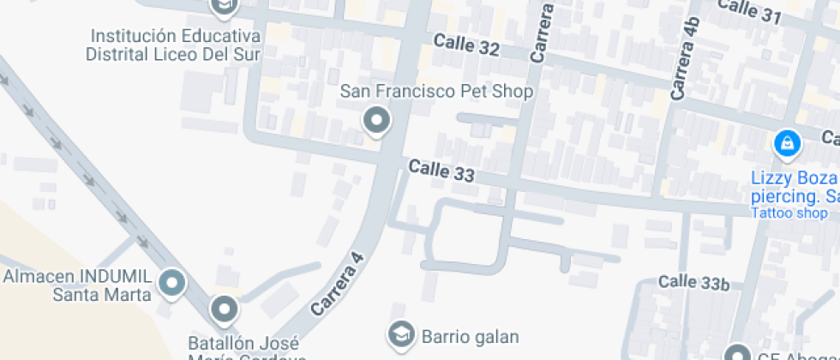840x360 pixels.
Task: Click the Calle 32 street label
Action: click(466, 45)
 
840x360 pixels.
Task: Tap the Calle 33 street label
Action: click(441, 171)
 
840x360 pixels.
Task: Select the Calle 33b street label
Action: click(694, 282)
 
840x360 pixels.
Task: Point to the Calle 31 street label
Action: click(749, 11)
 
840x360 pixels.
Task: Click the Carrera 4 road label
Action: click(339, 283)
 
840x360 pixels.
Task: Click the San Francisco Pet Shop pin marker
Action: click(375, 121)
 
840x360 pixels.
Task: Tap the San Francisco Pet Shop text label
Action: click(436, 91)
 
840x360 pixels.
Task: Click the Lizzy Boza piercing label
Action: click(794, 187)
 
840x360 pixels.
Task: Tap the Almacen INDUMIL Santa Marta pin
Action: click(173, 283)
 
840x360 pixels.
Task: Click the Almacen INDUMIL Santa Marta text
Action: click(78, 285)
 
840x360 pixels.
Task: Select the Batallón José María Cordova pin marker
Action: click(225, 309)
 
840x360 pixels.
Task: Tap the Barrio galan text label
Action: click(470, 335)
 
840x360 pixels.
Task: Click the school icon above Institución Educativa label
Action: click(225, 8)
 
